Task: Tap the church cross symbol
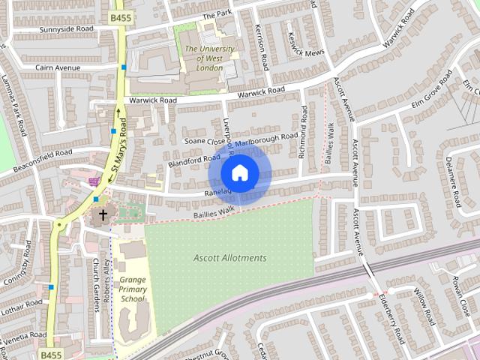tap(103, 215)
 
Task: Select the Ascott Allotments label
tap(229, 258)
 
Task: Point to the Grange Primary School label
tap(132, 289)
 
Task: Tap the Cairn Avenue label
tap(58, 67)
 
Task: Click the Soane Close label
tap(204, 140)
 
